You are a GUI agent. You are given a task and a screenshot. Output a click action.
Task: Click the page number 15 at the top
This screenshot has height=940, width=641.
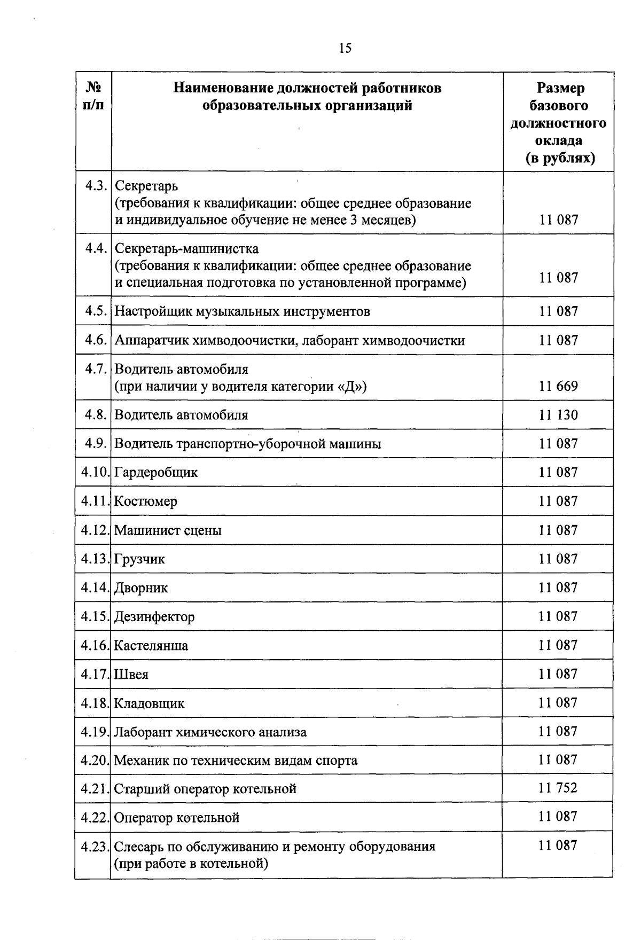point(345,49)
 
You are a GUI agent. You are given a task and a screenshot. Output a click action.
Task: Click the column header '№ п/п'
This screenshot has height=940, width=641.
point(93,96)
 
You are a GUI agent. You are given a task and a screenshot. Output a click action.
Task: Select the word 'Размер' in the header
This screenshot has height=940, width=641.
point(560,88)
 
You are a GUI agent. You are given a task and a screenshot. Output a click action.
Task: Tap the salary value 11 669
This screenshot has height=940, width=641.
point(558,386)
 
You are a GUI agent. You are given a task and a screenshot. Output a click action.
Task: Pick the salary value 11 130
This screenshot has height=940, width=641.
point(558,415)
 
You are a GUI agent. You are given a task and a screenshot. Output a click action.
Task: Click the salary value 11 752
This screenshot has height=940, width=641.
point(558,788)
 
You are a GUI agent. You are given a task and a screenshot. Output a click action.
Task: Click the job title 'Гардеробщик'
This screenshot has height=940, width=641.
point(156,473)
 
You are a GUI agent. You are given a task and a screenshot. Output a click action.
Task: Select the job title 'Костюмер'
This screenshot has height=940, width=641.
point(146,502)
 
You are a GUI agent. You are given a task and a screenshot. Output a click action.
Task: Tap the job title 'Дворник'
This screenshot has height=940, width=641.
point(141,588)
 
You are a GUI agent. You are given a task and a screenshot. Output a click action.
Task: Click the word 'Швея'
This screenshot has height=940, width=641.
point(131,675)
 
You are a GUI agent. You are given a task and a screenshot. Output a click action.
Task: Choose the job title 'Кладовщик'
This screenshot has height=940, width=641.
point(150,703)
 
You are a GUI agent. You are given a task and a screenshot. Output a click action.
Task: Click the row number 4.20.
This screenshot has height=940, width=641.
point(95,760)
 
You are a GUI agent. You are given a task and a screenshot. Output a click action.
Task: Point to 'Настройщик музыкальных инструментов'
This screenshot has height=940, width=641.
point(242,311)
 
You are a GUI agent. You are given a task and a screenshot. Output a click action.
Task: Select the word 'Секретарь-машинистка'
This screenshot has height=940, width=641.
point(187,249)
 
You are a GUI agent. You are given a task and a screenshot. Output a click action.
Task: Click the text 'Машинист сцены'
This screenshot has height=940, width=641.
point(168,530)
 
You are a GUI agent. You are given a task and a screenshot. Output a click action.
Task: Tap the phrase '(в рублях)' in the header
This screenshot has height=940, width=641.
point(560,159)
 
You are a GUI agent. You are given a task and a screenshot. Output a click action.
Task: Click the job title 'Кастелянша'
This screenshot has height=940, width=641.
point(151,646)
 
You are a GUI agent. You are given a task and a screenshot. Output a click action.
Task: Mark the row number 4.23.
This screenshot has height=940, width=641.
point(95,847)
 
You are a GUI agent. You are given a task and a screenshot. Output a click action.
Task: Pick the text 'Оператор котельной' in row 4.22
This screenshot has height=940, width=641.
point(177,818)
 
